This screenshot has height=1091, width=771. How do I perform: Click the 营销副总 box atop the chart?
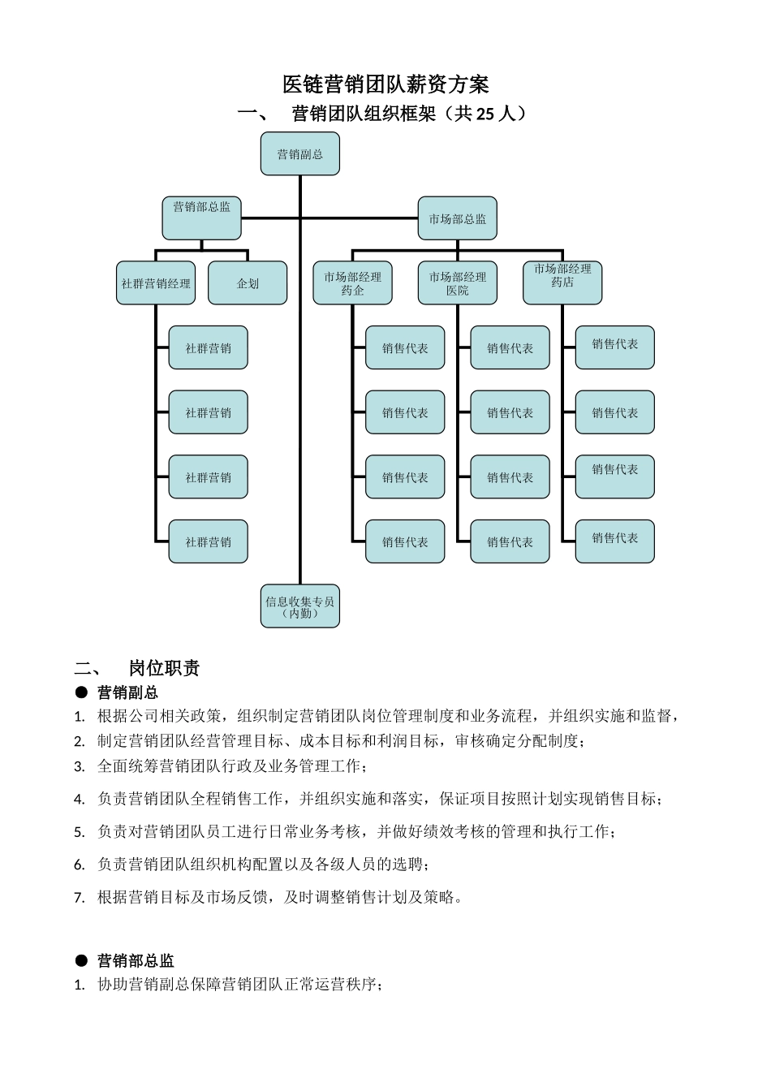click(299, 154)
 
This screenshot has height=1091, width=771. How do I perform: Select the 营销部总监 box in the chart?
click(201, 218)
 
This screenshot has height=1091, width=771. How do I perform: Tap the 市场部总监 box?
click(457, 218)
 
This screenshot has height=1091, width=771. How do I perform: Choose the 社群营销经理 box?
click(156, 283)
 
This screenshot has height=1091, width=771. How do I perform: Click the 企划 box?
click(248, 283)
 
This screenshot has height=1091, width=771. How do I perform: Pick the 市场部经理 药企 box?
click(352, 283)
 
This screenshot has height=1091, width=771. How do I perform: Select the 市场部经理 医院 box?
click(457, 283)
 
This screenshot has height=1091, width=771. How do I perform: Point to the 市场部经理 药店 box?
click(562, 283)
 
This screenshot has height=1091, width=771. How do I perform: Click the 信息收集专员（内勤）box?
click(299, 606)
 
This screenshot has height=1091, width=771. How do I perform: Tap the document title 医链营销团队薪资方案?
click(385, 84)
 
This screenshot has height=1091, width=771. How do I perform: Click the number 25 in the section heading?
click(485, 114)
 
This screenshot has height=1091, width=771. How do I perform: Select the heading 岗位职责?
click(164, 668)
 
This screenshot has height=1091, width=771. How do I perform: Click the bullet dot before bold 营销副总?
click(81, 692)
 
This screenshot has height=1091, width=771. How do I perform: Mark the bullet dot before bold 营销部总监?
click(81, 960)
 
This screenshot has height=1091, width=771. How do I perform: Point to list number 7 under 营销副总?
click(79, 898)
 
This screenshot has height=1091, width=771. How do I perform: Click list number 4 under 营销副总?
click(79, 800)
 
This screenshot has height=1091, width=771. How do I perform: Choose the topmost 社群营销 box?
click(208, 348)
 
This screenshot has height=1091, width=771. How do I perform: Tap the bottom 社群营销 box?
click(208, 541)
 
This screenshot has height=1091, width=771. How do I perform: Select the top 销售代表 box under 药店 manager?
click(614, 347)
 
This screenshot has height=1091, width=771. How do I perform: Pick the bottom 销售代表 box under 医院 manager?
click(510, 541)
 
